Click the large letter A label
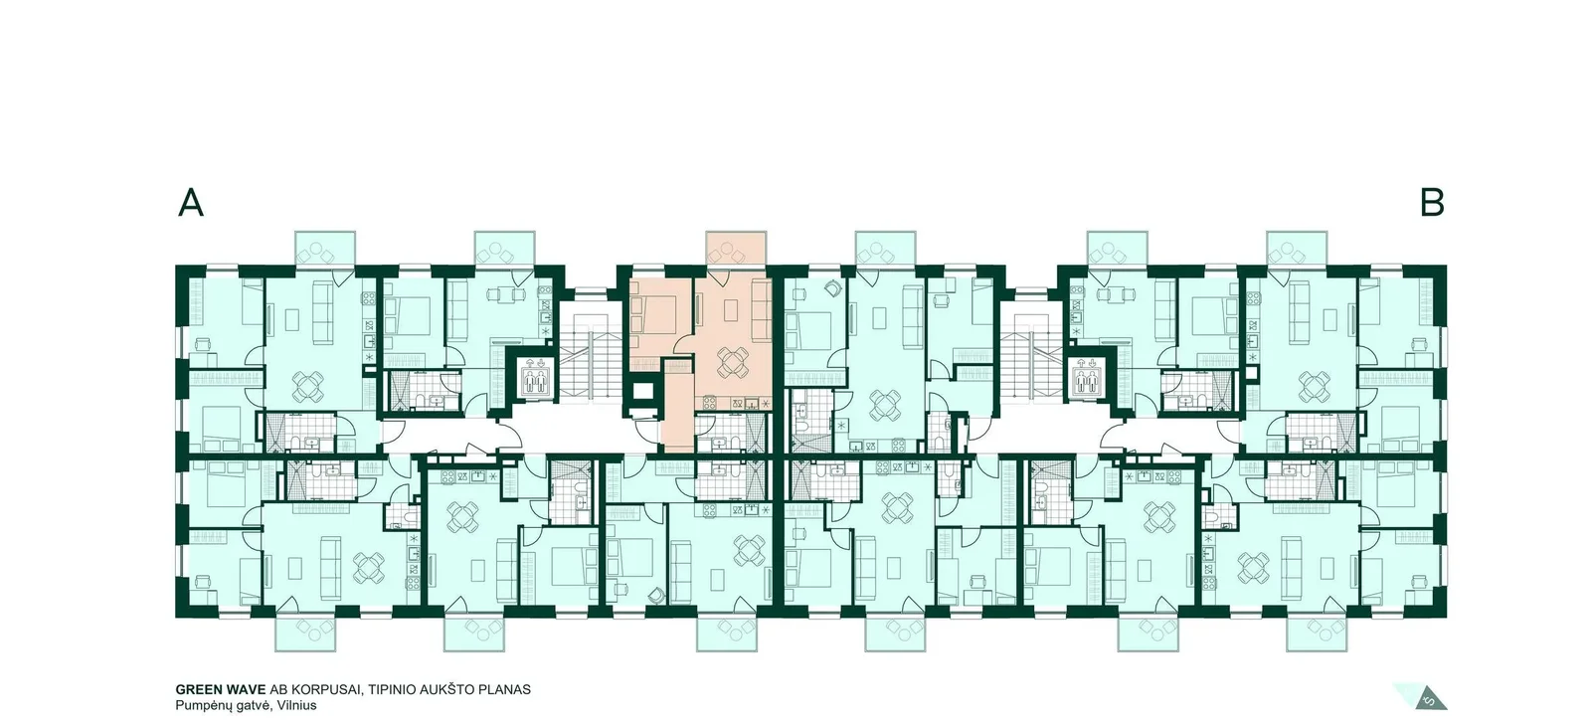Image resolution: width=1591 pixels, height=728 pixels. point(190,203)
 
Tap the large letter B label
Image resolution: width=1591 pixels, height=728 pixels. point(1432,203)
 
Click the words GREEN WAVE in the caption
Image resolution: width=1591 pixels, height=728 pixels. point(221,689)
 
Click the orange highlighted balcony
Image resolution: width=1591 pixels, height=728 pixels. point(736,248)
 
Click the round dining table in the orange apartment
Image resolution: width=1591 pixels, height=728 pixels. point(732,362)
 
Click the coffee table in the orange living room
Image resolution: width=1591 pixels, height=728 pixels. point(732,309)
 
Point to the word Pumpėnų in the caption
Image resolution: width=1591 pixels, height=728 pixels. point(201,706)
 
